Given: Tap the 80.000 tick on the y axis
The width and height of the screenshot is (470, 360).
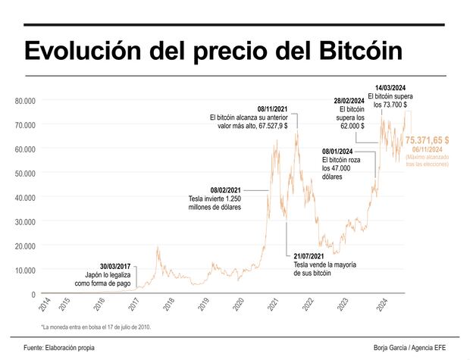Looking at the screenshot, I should tap(25, 100).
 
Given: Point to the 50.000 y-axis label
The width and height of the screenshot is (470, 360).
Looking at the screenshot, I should tap(25, 174).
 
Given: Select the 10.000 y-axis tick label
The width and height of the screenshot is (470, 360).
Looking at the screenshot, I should tap(25, 271).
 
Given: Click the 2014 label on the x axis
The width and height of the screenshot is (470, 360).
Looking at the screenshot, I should tap(44, 306).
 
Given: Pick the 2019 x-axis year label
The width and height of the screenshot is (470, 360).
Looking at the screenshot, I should tap(204, 306).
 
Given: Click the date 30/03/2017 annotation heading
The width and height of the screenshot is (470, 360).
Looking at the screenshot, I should tap(115, 268).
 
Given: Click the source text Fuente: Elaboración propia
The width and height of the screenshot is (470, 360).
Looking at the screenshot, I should tap(53, 348).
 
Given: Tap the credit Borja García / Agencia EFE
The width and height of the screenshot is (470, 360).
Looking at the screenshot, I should tap(409, 348).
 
